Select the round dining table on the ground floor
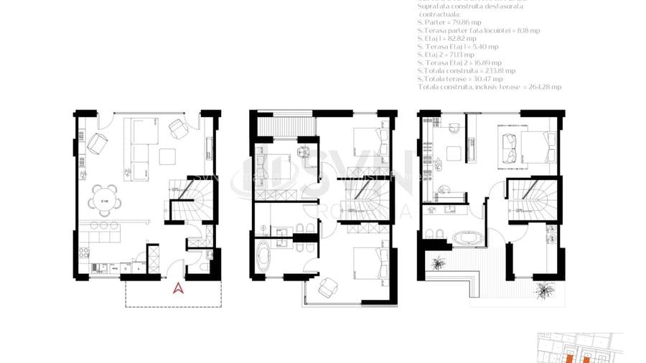104,198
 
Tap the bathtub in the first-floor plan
265,254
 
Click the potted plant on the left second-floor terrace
437,264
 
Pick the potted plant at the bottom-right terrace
546,290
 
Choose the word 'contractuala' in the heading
442,14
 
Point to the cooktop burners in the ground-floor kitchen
83,254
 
